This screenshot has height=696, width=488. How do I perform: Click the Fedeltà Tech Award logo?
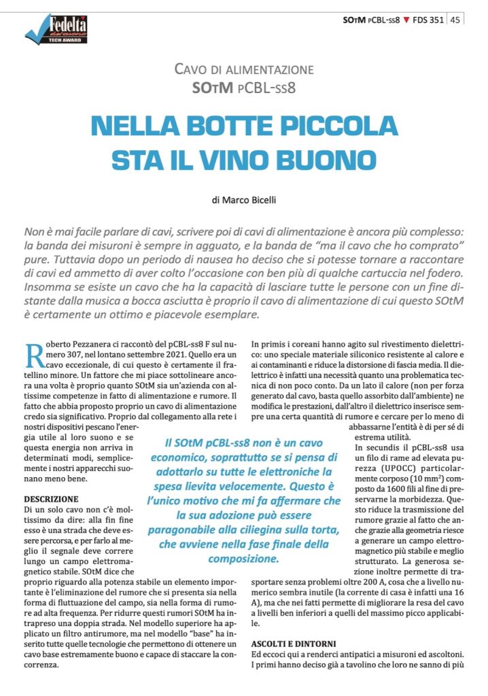click(56, 29)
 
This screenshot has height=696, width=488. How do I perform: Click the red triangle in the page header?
click(406, 20)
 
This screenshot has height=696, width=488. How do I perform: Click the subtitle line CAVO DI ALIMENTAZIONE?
click(244, 69)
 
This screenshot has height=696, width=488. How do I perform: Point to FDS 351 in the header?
click(429, 20)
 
